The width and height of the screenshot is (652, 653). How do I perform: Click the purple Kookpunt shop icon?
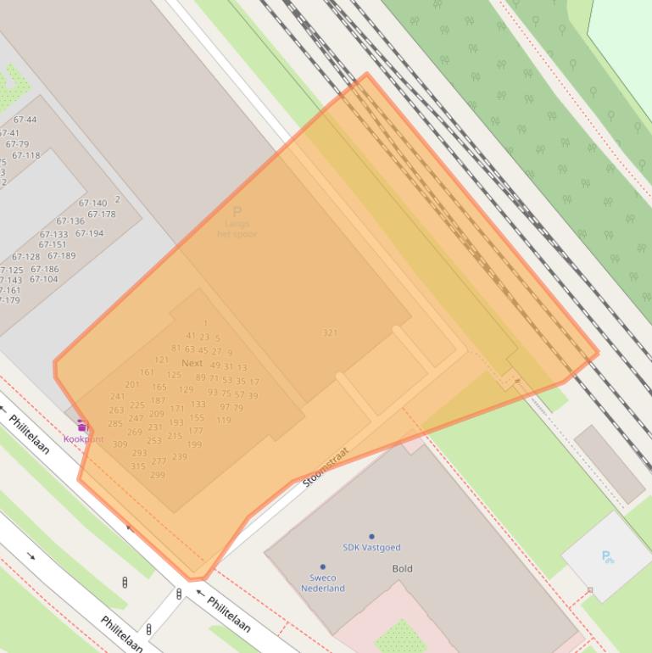pyautogui.click(x=82, y=426)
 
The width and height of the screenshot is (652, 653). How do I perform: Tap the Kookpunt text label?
pyautogui.click(x=83, y=439)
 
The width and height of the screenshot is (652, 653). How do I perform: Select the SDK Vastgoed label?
pyautogui.click(x=371, y=548)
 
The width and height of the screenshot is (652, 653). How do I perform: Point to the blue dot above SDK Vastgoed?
pyautogui.click(x=371, y=537)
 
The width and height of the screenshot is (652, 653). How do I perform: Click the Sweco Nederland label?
pyautogui.click(x=322, y=583)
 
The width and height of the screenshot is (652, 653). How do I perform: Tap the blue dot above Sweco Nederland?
pyautogui.click(x=322, y=566)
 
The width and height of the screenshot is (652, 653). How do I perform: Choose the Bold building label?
pyautogui.click(x=402, y=569)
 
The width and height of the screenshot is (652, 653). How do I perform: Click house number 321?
pyautogui.click(x=330, y=333)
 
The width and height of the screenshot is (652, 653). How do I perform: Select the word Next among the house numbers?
pyautogui.click(x=192, y=363)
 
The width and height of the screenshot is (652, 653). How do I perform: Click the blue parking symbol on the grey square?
pyautogui.click(x=607, y=557)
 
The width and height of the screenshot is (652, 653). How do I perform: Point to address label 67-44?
pyautogui.click(x=25, y=120)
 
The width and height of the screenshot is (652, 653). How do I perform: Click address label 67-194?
pyautogui.click(x=89, y=234)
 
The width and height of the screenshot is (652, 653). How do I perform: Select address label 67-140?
pyautogui.click(x=92, y=204)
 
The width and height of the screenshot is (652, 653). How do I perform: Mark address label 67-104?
pyautogui.click(x=44, y=280)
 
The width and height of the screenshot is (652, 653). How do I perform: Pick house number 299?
pyautogui.click(x=158, y=476)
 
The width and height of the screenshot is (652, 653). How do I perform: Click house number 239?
pyautogui.click(x=179, y=457)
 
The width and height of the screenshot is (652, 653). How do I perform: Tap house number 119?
pyautogui.click(x=223, y=421)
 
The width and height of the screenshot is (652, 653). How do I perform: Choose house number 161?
pyautogui.click(x=147, y=372)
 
